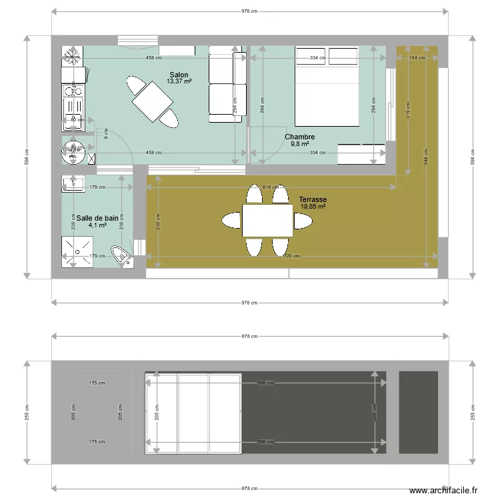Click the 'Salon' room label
point(179,74)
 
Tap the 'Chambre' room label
point(299,137)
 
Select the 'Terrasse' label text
point(313,199)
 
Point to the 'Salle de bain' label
point(97,218)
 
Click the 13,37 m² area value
point(179,81)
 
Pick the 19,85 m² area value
point(313,207)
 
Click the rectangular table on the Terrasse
point(267,221)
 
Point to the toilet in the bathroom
point(122,257)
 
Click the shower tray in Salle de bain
point(77,252)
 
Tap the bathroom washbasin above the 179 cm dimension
point(71,183)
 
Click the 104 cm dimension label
point(417,58)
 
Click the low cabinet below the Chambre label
point(361,153)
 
